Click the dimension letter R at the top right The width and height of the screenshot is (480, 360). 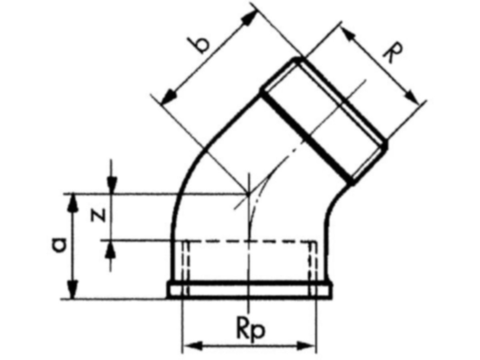(393, 53)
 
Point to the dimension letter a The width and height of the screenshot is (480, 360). (59, 245)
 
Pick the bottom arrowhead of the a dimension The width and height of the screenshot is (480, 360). (72, 290)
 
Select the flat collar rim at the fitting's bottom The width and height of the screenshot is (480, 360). (249, 291)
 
